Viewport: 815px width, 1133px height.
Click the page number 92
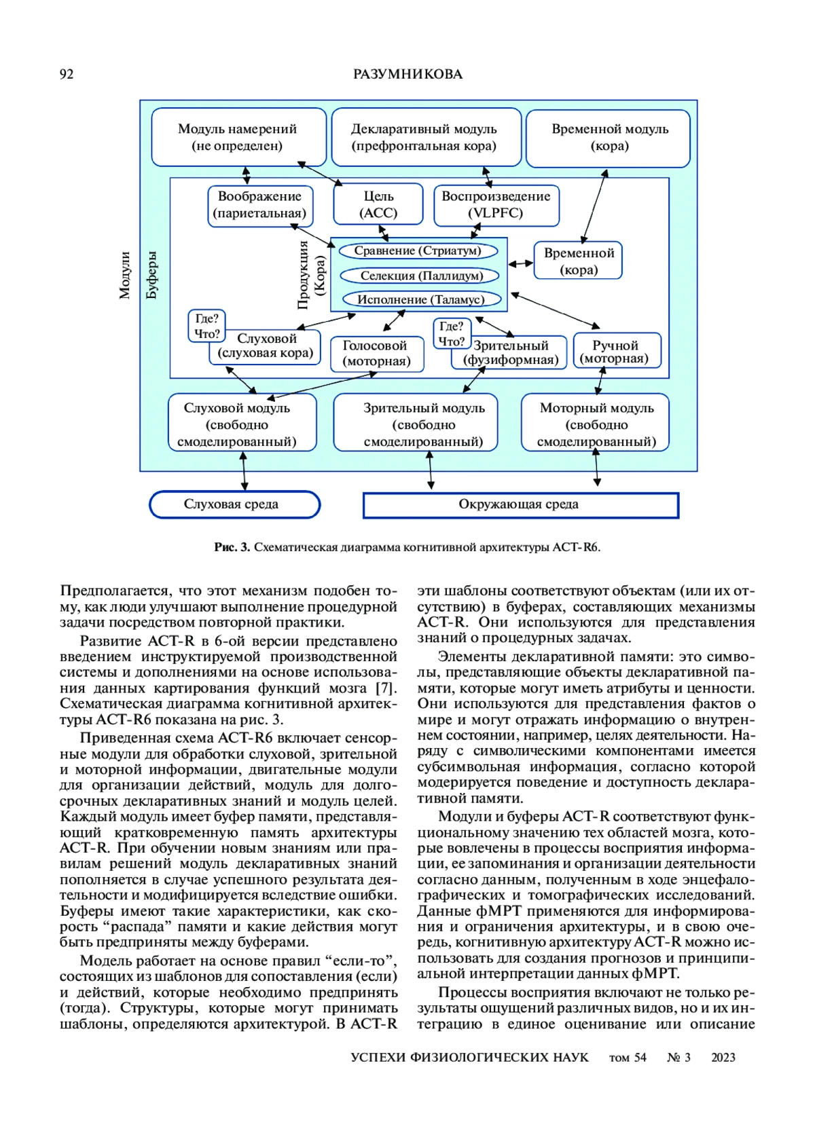67,75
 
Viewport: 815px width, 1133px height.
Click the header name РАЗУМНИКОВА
407,75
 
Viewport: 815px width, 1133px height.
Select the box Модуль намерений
238,137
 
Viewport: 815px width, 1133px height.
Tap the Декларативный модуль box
425,137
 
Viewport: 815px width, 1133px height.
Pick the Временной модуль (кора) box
609,137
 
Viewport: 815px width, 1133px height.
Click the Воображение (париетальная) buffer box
259,204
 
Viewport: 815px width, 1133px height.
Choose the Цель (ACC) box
378,204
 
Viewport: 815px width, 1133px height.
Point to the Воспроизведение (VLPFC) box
496,204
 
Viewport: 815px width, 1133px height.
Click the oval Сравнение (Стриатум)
418,251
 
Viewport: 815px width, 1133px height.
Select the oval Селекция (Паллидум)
421,276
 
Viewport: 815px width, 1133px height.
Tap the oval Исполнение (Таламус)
421,299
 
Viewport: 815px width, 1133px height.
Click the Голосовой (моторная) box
376,354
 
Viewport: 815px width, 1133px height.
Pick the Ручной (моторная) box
615,352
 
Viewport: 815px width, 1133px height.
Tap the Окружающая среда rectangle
520,504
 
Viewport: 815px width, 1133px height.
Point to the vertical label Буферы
151,275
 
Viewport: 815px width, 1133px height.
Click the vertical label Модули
124,275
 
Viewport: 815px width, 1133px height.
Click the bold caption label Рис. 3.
232,547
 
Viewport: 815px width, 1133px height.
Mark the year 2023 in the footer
723,1057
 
